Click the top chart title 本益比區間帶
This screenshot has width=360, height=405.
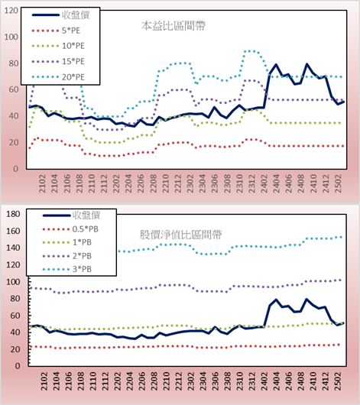point(174,26)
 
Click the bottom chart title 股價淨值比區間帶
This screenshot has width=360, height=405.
point(180,235)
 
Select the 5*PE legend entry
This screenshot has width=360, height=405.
point(56,31)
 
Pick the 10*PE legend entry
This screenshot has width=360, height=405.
point(58,46)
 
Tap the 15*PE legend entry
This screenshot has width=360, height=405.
point(58,61)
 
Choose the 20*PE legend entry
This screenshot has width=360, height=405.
point(58,77)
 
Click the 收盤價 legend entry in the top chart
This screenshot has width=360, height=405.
point(60,15)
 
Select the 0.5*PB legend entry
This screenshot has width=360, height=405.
point(70,229)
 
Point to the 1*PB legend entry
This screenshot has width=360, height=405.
point(67,242)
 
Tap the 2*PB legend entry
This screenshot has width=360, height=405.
point(67,256)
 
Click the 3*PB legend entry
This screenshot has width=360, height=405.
point(67,269)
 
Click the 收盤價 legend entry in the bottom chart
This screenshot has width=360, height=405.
point(71,215)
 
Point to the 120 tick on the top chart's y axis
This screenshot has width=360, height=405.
point(11,11)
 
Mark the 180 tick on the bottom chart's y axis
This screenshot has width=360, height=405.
point(13,214)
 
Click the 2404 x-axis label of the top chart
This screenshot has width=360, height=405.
point(276,183)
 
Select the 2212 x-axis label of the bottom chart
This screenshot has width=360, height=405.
point(179,381)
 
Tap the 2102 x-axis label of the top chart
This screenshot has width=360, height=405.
point(42,183)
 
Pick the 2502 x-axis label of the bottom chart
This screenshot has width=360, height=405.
point(338,381)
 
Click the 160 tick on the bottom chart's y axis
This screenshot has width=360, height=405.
point(13,231)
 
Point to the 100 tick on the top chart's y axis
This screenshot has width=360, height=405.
point(11,37)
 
